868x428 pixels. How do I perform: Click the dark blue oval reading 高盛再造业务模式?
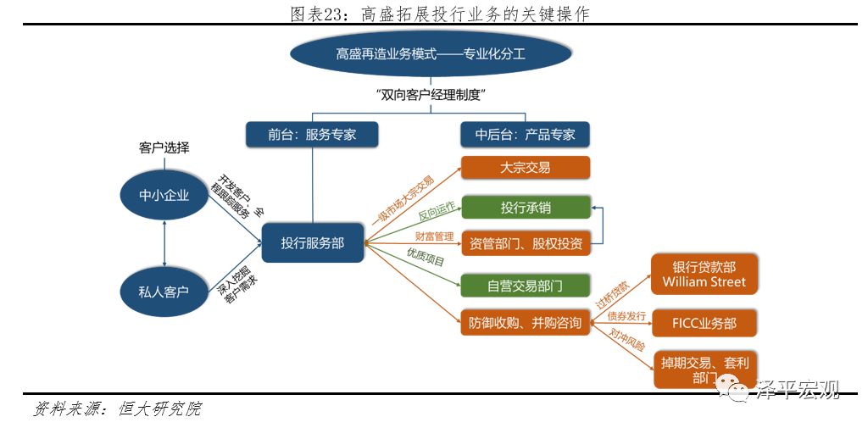pyautogui.click(x=431, y=53)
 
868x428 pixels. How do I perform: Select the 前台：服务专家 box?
pyautogui.click(x=312, y=134)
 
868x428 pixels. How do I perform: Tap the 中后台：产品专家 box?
pyautogui.click(x=525, y=134)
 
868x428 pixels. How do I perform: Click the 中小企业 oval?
pyautogui.click(x=164, y=197)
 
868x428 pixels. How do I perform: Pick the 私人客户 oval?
pyautogui.click(x=164, y=291)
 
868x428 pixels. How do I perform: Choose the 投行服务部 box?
pyautogui.click(x=313, y=243)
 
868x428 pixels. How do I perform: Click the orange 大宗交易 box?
pyautogui.click(x=525, y=167)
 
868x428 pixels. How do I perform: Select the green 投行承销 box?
pyautogui.click(x=525, y=208)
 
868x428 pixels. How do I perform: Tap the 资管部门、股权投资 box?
pyautogui.click(x=525, y=244)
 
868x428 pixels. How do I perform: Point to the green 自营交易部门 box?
pyautogui.click(x=525, y=286)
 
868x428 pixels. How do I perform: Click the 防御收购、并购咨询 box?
pyautogui.click(x=525, y=323)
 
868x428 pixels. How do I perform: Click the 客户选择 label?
pyautogui.click(x=164, y=147)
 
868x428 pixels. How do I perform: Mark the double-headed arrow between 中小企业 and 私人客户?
pyautogui.click(x=164, y=243)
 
